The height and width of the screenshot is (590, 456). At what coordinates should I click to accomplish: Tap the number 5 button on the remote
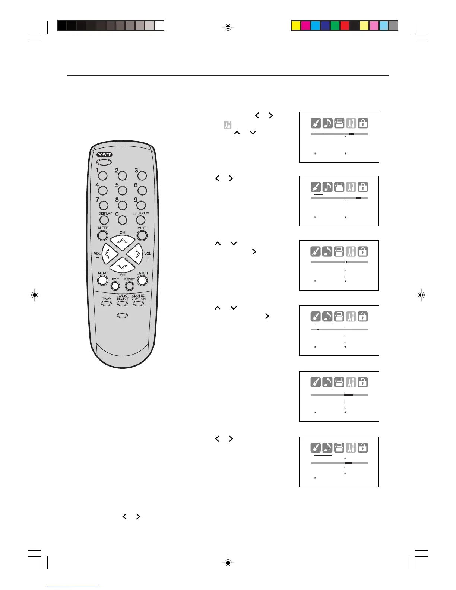[122, 191]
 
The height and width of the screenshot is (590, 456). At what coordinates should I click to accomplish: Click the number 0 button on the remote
[122, 220]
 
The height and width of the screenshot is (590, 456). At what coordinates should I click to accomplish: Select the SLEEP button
[102, 235]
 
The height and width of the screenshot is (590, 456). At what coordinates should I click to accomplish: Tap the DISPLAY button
[104, 220]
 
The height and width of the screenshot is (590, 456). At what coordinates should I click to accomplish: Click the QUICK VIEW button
[140, 220]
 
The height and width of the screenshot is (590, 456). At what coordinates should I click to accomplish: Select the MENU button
[103, 281]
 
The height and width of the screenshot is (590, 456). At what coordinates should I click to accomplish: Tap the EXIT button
[115, 286]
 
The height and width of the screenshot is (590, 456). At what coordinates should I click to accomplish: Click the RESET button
[129, 286]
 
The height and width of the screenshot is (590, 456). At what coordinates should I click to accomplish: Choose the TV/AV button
[107, 303]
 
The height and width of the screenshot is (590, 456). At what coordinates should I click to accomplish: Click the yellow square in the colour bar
[296, 25]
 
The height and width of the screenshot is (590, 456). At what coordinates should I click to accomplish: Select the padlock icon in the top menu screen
[363, 123]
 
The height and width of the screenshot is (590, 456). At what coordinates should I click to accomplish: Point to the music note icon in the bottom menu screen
[327, 447]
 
